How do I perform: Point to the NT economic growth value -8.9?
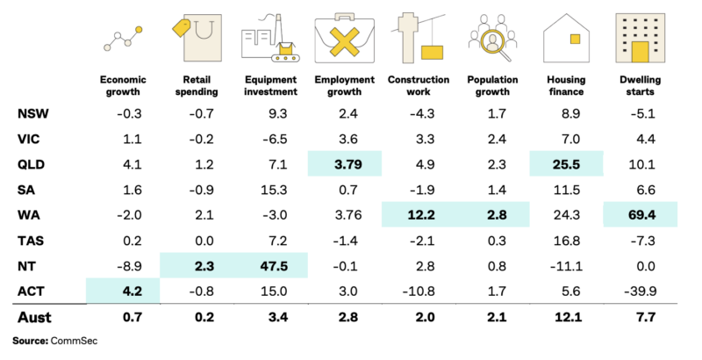click(119, 264)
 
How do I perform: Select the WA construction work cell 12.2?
click(418, 214)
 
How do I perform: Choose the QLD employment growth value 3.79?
click(346, 163)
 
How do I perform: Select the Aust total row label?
click(34, 316)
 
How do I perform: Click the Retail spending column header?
click(197, 85)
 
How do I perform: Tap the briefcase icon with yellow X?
click(345, 40)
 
